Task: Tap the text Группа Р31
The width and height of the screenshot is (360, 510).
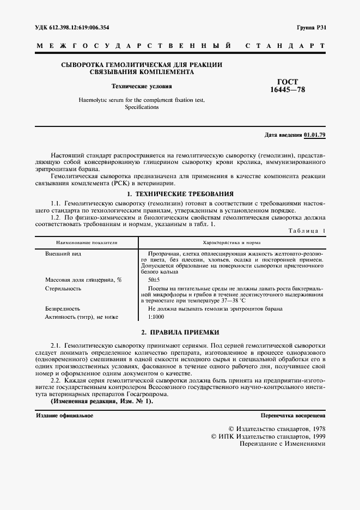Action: [x=312, y=27]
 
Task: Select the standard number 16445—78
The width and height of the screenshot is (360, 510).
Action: [x=288, y=90]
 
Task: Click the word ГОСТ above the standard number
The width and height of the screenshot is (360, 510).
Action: [x=288, y=82]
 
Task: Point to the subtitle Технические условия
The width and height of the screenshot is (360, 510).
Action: [x=142, y=86]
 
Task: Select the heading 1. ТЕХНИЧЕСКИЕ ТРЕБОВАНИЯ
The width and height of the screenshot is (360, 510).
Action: [x=180, y=193]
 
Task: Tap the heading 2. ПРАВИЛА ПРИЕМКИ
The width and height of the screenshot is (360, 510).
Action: [x=180, y=332]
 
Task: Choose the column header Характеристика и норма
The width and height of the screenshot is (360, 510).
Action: [x=231, y=242]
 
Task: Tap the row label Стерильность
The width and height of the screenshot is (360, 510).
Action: [x=63, y=288]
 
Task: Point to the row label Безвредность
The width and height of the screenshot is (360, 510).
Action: [x=63, y=308]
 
